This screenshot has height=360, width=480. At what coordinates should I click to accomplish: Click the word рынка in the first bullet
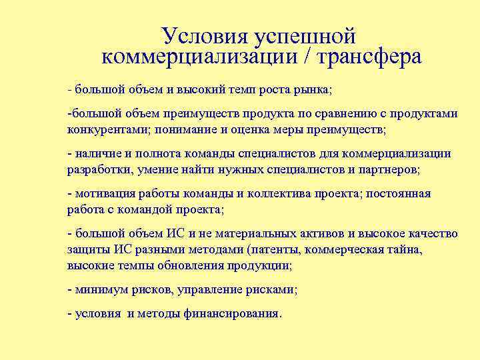pos(313,89)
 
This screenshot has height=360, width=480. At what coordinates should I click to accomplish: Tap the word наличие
pos(98,153)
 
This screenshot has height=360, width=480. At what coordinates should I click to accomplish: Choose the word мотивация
pos(105,193)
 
